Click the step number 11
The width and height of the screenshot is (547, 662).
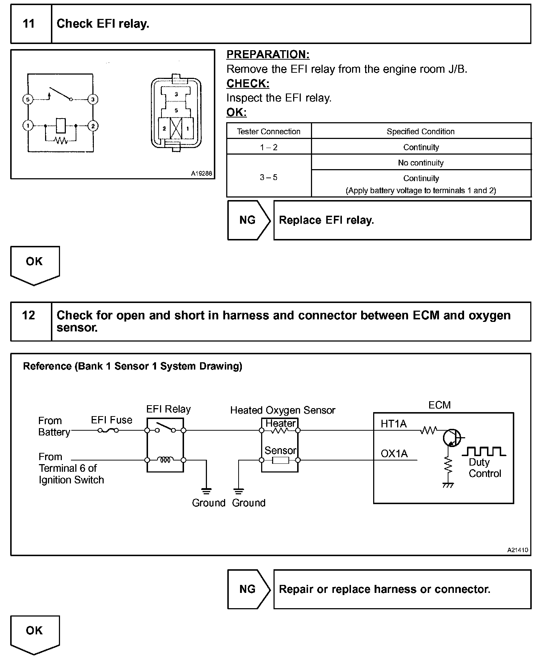pyautogui.click(x=28, y=24)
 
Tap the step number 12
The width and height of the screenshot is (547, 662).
pyautogui.click(x=28, y=315)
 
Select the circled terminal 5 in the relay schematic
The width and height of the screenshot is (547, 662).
pyautogui.click(x=28, y=99)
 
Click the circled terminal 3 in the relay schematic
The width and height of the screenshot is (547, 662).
pyautogui.click(x=93, y=99)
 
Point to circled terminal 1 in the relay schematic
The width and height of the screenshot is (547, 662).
pyautogui.click(x=28, y=126)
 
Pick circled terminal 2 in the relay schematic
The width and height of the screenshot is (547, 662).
pyautogui.click(x=93, y=126)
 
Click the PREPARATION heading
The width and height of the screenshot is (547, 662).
pyautogui.click(x=268, y=55)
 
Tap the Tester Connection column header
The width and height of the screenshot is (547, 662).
pyautogui.click(x=269, y=132)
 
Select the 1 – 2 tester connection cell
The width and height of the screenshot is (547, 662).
pyautogui.click(x=269, y=147)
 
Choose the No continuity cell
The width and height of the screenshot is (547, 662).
pyautogui.click(x=421, y=163)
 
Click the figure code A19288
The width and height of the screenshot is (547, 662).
pyautogui.click(x=201, y=174)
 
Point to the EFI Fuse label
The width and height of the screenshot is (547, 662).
pyautogui.click(x=112, y=420)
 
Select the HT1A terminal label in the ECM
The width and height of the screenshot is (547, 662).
pyautogui.click(x=394, y=424)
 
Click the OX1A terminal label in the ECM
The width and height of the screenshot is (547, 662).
pyautogui.click(x=394, y=454)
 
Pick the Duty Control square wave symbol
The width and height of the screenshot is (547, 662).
pyautogui.click(x=484, y=451)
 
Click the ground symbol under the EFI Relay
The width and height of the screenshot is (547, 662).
pyautogui.click(x=206, y=491)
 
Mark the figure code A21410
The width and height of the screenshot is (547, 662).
pyautogui.click(x=518, y=550)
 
